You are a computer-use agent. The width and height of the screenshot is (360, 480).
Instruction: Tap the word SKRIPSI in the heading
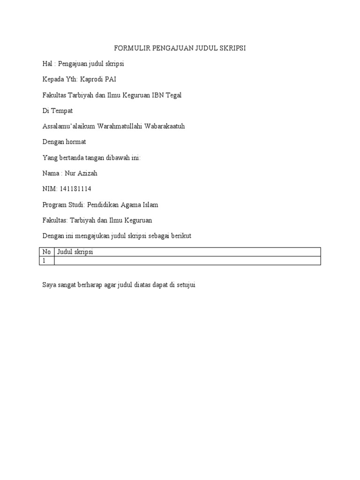coord(232,48)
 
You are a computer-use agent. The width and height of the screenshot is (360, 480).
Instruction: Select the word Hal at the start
coord(47,64)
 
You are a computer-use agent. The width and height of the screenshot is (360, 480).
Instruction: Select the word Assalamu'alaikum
coord(68,127)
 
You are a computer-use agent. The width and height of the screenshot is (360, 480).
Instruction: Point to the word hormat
coord(75,142)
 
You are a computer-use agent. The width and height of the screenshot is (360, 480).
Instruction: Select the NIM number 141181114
coord(75,189)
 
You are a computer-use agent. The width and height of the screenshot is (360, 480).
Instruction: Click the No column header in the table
coord(46,252)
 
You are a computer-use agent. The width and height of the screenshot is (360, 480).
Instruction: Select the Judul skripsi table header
coord(75,252)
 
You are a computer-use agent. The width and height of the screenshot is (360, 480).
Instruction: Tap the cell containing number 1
coord(46,261)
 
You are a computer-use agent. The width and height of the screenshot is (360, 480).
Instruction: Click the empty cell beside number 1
coord(187,261)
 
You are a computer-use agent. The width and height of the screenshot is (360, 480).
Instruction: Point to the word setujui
coord(185,285)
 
